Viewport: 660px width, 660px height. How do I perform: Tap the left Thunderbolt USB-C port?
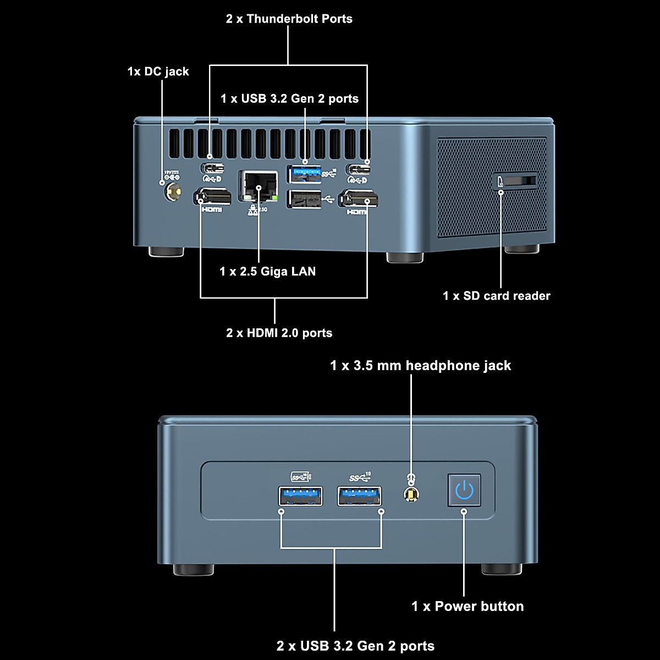tap(212, 168)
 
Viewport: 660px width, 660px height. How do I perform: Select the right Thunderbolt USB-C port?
tap(358, 168)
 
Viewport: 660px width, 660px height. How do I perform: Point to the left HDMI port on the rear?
tap(212, 197)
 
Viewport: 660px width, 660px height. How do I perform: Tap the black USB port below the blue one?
tap(304, 199)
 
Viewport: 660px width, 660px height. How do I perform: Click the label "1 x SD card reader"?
tap(496, 296)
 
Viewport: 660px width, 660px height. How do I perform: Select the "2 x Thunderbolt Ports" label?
tap(289, 19)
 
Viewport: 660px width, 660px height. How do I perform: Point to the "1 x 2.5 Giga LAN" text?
tap(267, 271)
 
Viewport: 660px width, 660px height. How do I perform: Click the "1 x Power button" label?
tap(468, 606)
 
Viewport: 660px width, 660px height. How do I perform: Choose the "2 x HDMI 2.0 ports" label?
tap(279, 333)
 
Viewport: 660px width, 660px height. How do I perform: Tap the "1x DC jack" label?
tap(158, 71)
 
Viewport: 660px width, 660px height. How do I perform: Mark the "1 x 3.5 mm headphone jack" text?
tap(420, 366)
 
